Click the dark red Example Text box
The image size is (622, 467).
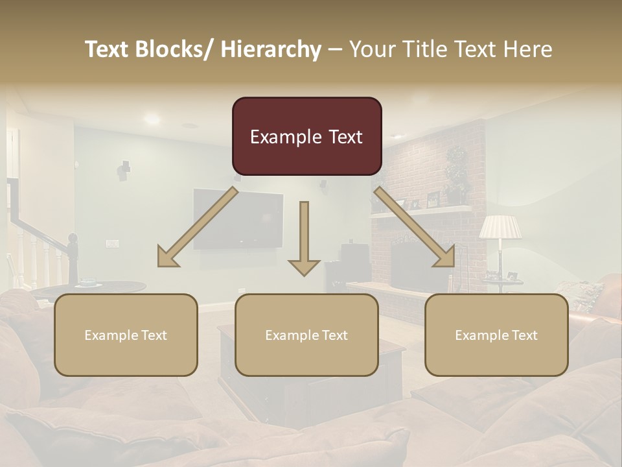pyautogui.click(x=306, y=137)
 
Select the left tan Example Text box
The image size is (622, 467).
pyautogui.click(x=126, y=335)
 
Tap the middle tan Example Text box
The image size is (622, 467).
pyautogui.click(x=306, y=335)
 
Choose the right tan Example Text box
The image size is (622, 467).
pyautogui.click(x=496, y=335)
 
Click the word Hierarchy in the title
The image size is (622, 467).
pyautogui.click(x=271, y=49)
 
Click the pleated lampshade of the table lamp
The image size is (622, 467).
pyautogui.click(x=500, y=227)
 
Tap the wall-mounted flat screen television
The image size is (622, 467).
pyautogui.click(x=238, y=220)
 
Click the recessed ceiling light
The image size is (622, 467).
pyautogui.click(x=152, y=119)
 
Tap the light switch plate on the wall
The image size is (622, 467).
pyautogui.click(x=112, y=244)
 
